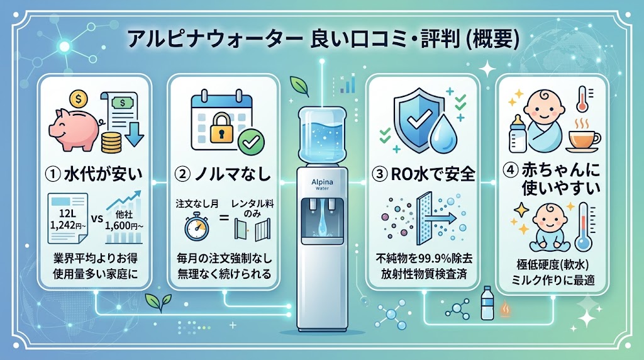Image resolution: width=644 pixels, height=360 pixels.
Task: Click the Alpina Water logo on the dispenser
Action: click(323, 184)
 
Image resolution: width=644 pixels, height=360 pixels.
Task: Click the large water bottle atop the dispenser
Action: click(323, 135)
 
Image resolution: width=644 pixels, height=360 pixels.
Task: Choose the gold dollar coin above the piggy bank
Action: click(79, 99)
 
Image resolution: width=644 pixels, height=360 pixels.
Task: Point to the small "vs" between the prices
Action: click(97, 218)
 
